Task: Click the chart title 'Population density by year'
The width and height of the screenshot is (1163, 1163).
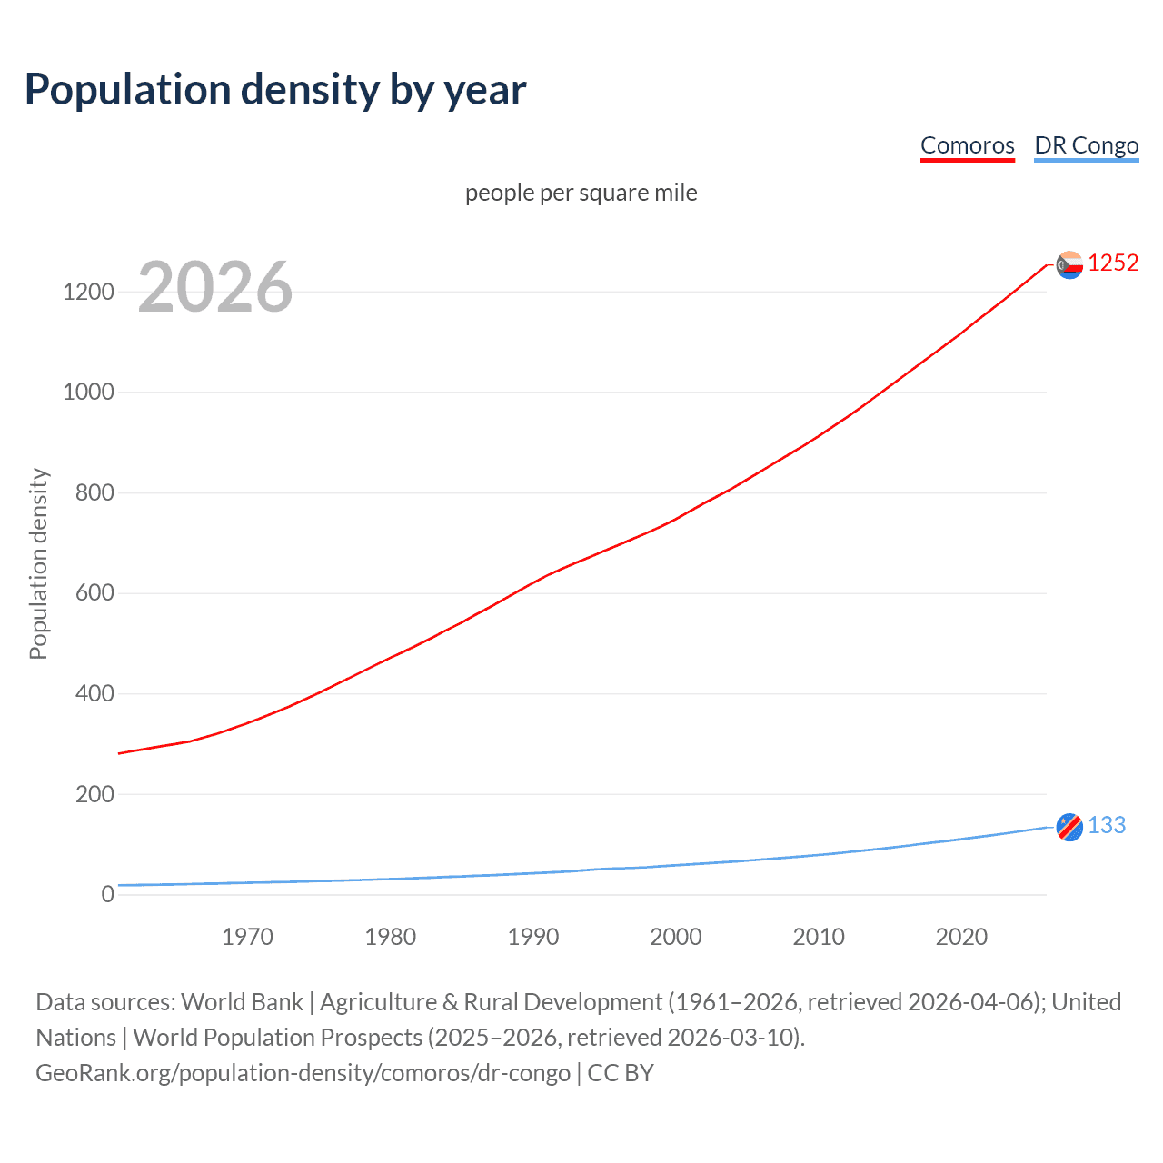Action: coord(275,90)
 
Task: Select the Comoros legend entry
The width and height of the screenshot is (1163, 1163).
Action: coord(967,145)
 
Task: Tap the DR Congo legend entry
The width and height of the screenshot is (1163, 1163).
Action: coord(1086,145)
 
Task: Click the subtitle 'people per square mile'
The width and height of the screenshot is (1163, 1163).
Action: coord(581,193)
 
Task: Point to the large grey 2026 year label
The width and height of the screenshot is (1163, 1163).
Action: coord(215,287)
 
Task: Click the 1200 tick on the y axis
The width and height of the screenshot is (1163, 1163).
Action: coord(88,292)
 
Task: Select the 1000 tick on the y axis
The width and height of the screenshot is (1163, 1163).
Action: coord(88,392)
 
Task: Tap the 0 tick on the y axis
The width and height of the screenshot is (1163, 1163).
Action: coord(108,894)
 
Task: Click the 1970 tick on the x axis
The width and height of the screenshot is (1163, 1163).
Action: coord(247,937)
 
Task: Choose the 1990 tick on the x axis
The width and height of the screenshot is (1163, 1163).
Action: coord(533,937)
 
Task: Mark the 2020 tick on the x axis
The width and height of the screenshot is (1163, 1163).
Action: coord(961,937)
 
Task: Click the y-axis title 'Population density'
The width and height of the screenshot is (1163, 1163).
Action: coord(38,563)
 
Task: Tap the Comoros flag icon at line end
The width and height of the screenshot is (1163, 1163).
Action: coord(1069,264)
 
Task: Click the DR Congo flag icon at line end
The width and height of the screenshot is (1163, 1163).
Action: coord(1069,827)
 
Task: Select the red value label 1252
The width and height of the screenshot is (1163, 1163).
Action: coord(1113,263)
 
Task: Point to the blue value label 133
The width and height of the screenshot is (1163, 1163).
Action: coord(1107,825)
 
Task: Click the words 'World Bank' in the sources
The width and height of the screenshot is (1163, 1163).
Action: coord(242,1001)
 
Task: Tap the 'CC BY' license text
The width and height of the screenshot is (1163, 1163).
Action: coord(621,1072)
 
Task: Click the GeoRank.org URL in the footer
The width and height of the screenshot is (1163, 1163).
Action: coord(303,1072)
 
